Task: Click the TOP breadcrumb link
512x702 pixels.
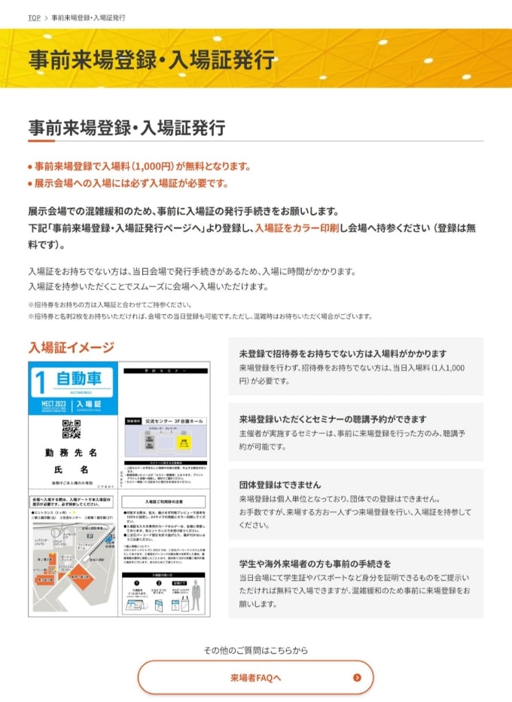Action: click(34, 17)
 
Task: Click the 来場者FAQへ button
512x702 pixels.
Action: click(255, 677)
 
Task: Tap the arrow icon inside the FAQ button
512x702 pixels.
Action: click(357, 677)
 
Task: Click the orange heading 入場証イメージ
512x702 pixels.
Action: click(72, 347)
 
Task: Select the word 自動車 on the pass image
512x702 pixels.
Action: click(79, 377)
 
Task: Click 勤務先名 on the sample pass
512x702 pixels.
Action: click(72, 453)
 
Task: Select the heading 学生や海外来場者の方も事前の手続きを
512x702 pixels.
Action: click(315, 563)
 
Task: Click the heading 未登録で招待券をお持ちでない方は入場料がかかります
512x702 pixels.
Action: click(343, 353)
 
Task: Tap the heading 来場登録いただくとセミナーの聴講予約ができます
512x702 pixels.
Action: click(333, 419)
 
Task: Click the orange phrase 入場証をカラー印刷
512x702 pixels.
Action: click(297, 227)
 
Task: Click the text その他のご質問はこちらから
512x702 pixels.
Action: click(255, 650)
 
